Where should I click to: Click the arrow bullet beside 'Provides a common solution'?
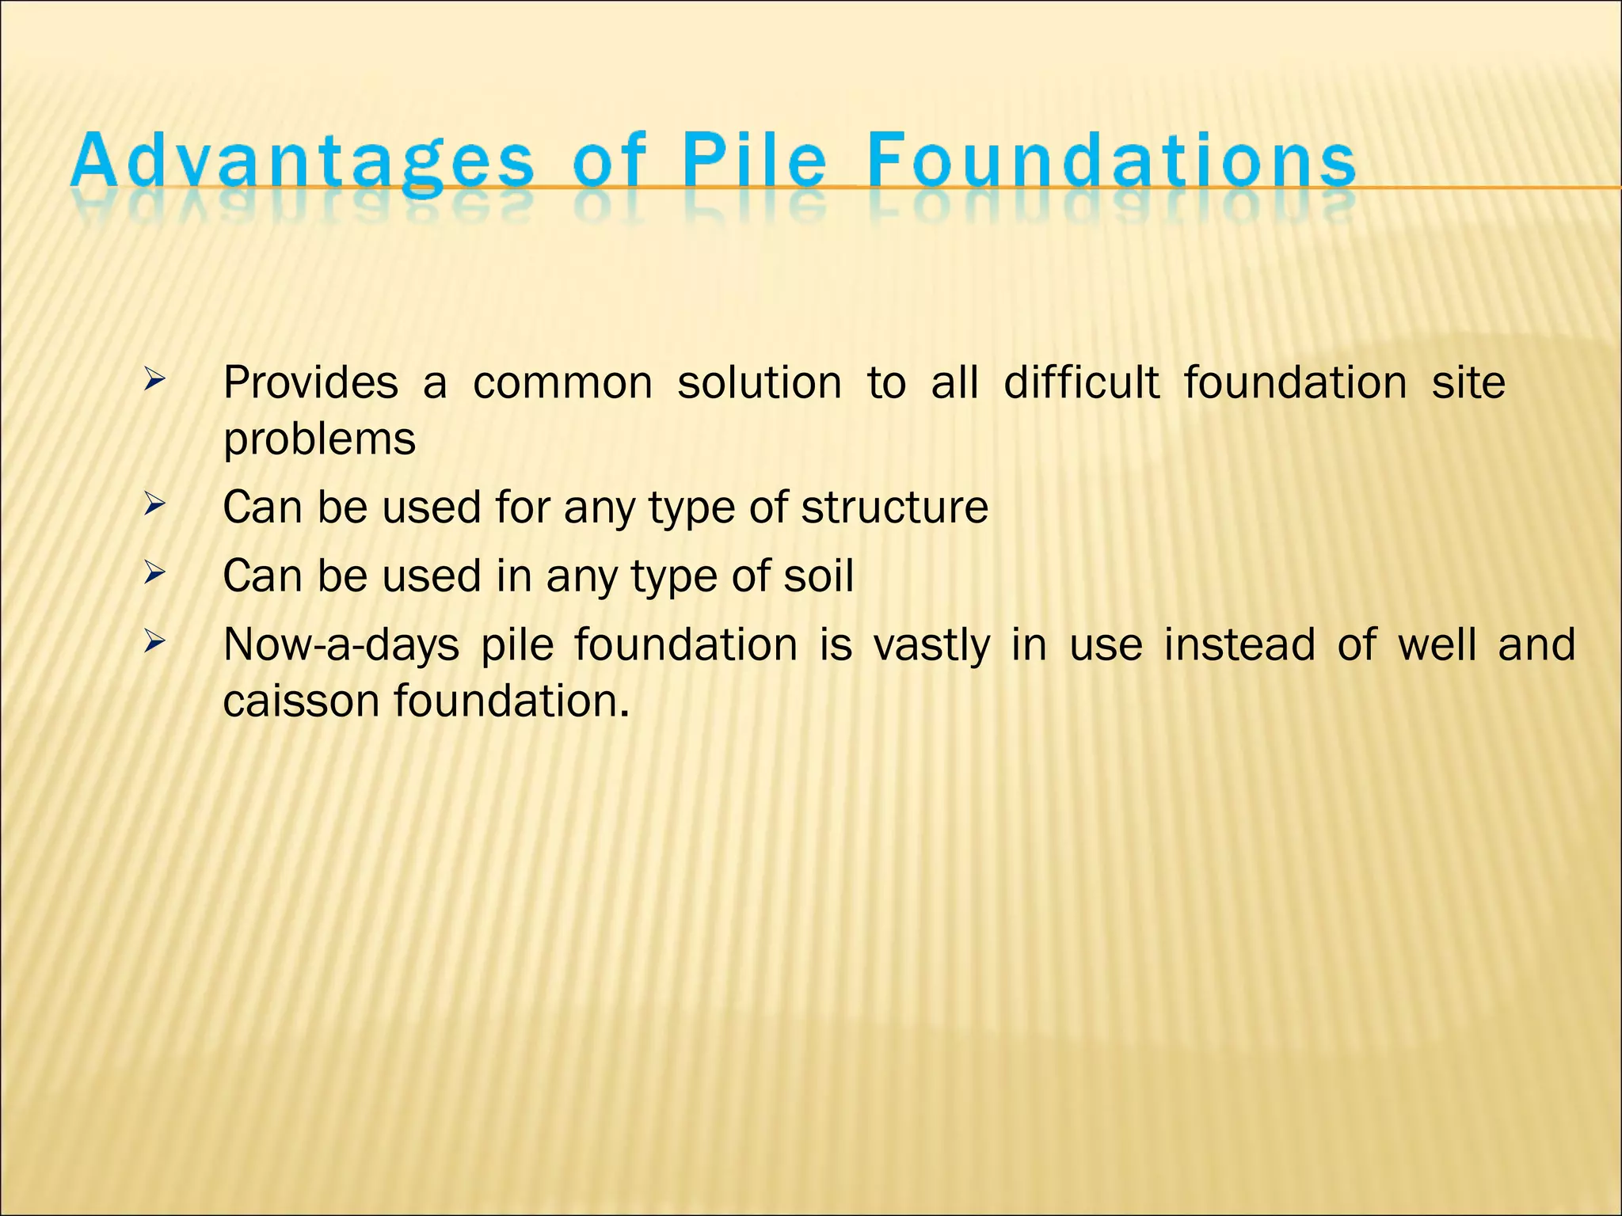click(154, 381)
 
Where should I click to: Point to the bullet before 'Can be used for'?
click(154, 503)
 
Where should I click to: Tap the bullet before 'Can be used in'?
click(154, 572)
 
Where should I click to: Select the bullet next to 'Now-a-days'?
click(154, 641)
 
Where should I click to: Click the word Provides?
click(310, 383)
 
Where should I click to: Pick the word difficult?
click(1081, 383)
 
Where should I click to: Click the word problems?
click(319, 440)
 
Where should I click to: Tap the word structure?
click(894, 507)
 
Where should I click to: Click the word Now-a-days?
click(341, 645)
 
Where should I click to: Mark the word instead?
click(1239, 644)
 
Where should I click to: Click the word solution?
click(760, 383)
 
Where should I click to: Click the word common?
click(562, 384)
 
